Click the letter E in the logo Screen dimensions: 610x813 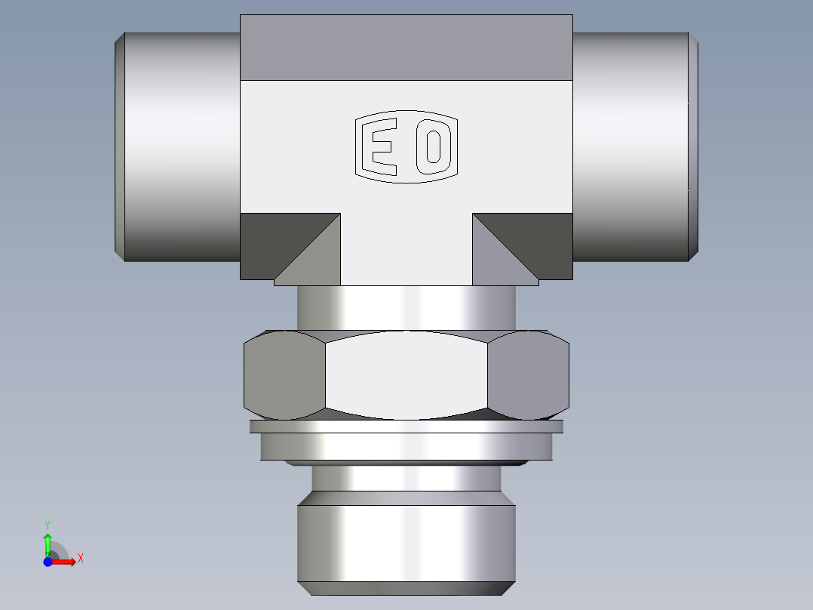[x=380, y=146]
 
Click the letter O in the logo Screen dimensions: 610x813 [x=432, y=146]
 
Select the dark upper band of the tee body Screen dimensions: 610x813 [x=406, y=47]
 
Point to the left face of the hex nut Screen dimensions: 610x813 [x=284, y=375]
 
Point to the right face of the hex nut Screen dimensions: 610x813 [x=527, y=375]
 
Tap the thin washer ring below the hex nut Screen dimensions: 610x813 [x=406, y=427]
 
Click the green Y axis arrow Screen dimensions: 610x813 [x=48, y=542]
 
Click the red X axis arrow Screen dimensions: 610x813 [x=65, y=562]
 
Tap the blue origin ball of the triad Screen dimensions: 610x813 [x=48, y=562]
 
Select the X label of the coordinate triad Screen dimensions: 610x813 [x=80, y=559]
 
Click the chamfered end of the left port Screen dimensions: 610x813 [x=119, y=146]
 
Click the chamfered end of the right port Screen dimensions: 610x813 [x=693, y=146]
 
